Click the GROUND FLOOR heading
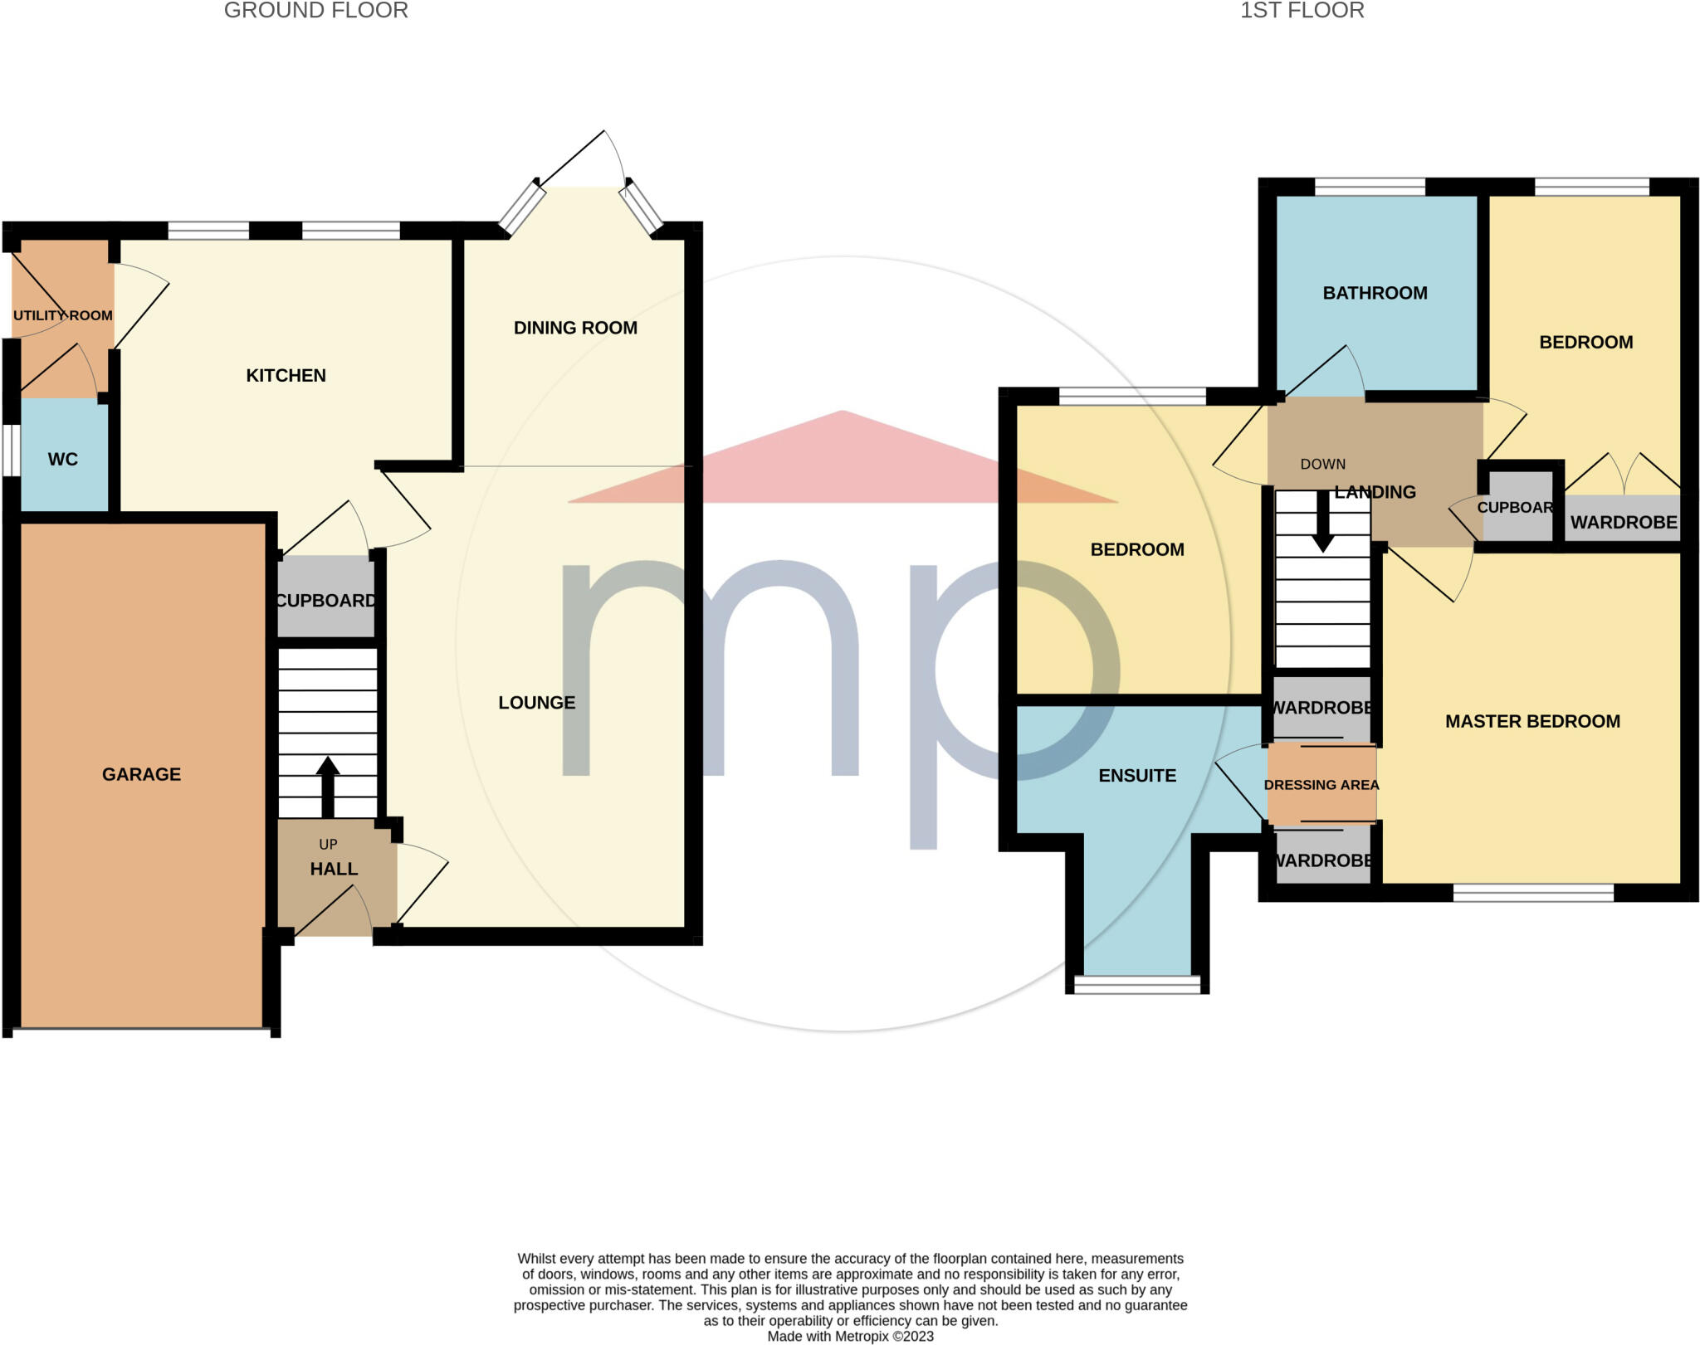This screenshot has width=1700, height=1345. pos(315,11)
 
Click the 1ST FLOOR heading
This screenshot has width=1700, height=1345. pos(1302,11)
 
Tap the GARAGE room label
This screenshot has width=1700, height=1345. pos(141,774)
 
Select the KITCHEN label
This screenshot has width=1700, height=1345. pos(286,375)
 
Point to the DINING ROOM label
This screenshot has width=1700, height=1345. pos(575,328)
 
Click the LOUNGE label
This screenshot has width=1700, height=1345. pos(536,703)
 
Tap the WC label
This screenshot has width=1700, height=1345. pos(63,460)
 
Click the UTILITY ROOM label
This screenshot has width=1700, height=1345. pos(63,315)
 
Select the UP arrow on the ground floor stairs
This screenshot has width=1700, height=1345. pos(328,785)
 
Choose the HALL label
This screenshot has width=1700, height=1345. pos(334,869)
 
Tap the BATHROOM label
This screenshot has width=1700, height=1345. pos(1375,293)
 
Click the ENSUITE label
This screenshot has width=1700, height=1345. pos(1137,776)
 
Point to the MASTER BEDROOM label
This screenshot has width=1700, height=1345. pos(1532,722)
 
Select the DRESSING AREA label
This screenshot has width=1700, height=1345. pos(1321,785)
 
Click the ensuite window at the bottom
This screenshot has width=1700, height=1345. pos(1137,984)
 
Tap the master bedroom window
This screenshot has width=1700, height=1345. pos(1533,893)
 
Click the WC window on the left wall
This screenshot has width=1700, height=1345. pos(11,451)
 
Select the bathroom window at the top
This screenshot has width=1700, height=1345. pos(1370,187)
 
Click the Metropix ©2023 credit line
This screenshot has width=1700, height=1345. pos(850,1337)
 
